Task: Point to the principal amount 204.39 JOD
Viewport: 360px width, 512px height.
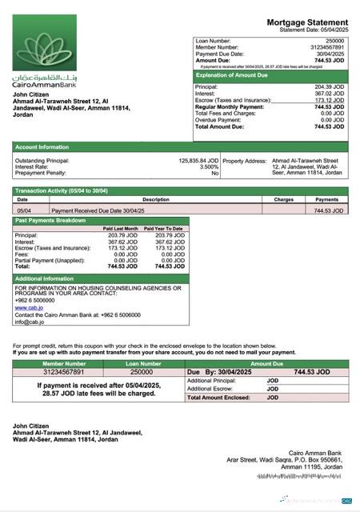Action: click(x=329, y=86)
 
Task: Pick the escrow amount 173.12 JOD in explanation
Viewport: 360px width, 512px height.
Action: click(x=329, y=100)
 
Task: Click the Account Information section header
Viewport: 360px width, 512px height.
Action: click(x=42, y=147)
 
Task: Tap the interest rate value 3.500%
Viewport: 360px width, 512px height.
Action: click(x=209, y=166)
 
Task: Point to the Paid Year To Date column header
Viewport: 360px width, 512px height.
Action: click(x=164, y=229)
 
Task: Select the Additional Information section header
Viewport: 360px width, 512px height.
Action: click(x=45, y=278)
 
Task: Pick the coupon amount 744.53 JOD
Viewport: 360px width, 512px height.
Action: click(x=311, y=372)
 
